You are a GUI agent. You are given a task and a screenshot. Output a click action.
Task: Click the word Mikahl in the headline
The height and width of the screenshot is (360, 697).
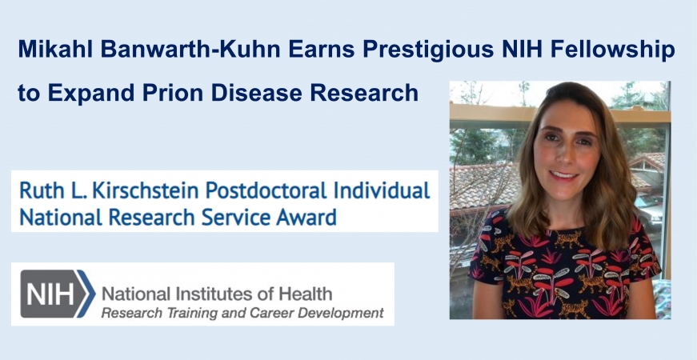(x=55, y=49)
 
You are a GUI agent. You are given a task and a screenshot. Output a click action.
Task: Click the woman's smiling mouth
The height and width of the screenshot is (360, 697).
(x=564, y=174)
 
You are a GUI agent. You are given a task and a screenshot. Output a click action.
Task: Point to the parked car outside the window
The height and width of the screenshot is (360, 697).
(x=649, y=211)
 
